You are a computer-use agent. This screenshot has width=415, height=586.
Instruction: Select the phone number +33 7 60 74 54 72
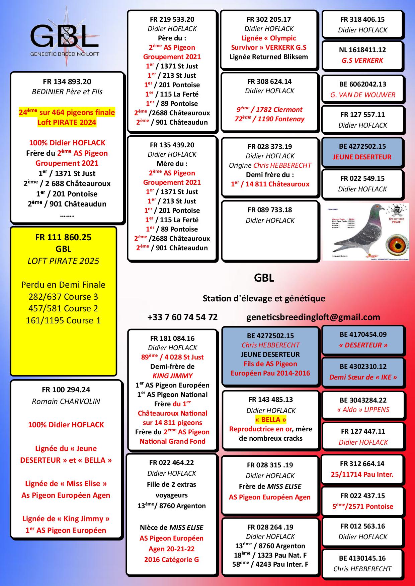(182, 317)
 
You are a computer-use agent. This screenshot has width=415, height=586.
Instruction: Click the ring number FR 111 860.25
(63, 237)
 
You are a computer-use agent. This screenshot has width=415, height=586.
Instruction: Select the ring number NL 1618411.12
(362, 50)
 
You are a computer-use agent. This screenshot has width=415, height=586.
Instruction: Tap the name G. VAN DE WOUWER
(363, 95)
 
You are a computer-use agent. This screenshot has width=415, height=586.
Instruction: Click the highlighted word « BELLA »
(270, 420)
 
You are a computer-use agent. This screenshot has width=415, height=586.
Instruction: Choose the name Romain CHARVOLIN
(66, 401)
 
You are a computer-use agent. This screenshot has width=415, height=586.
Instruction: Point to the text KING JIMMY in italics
(172, 376)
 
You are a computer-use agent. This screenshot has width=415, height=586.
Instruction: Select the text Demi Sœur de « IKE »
(363, 377)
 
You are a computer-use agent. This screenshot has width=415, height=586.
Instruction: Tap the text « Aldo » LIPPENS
(363, 410)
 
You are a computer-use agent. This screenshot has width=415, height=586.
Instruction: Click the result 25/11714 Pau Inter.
(362, 474)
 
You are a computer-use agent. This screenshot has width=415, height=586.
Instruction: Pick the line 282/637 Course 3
(63, 297)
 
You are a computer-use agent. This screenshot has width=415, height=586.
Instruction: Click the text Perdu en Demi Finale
(63, 285)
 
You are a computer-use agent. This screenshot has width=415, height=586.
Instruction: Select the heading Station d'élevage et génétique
(264, 298)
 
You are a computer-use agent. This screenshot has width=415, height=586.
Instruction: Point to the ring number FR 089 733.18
(270, 210)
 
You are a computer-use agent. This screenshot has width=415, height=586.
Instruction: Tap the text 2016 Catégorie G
(171, 559)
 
